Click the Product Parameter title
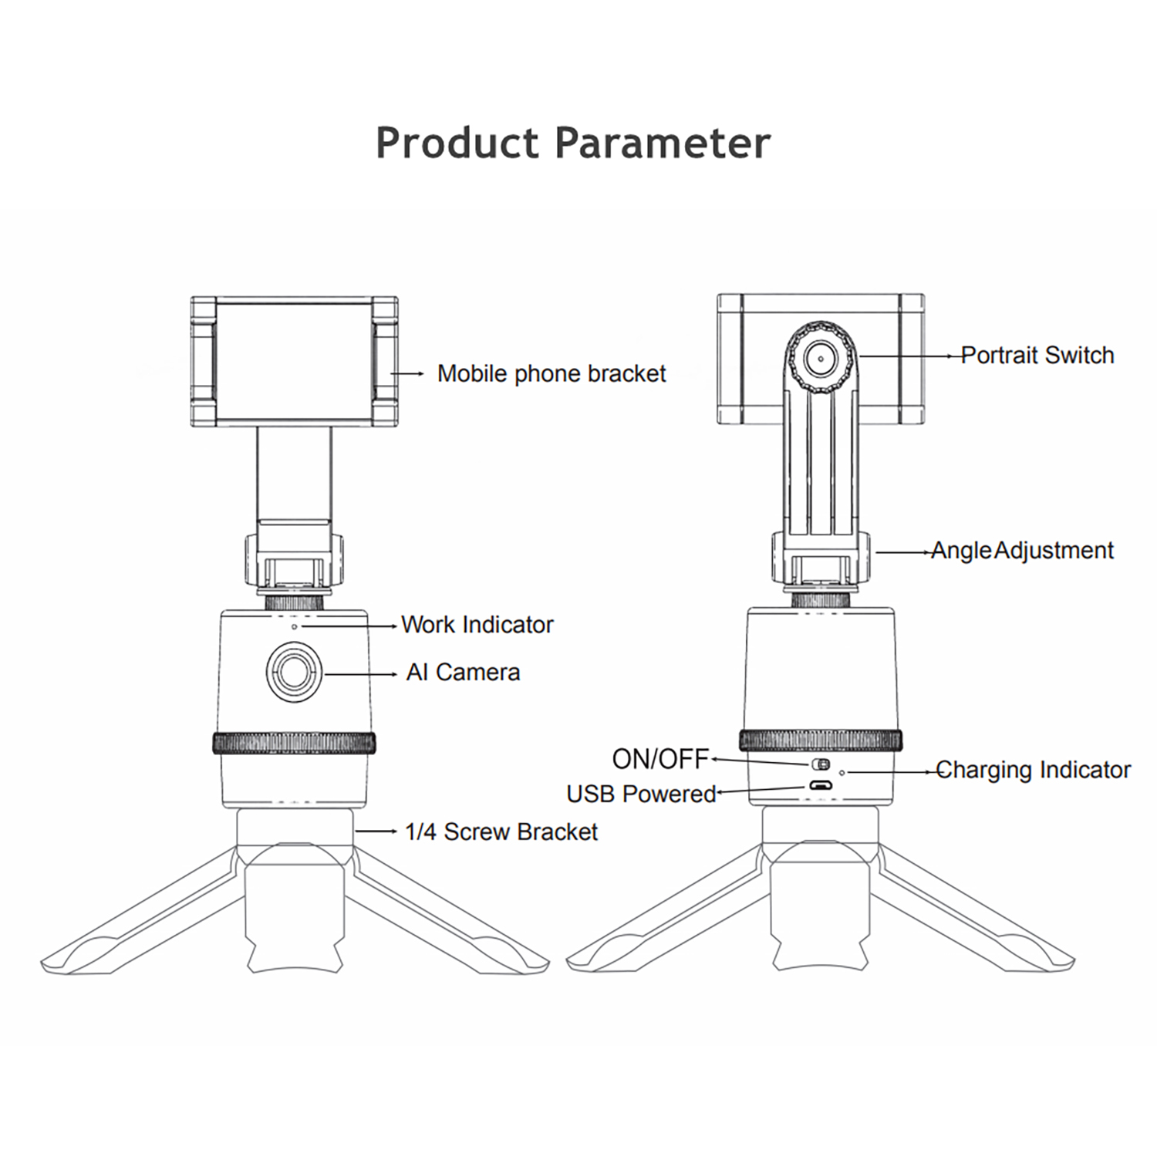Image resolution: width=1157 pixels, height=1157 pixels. (573, 143)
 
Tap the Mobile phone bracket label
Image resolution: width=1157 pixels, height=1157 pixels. (551, 374)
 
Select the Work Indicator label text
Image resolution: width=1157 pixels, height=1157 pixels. (477, 625)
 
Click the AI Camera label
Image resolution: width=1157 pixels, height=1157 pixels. (463, 673)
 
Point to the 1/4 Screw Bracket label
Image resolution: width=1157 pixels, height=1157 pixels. (501, 832)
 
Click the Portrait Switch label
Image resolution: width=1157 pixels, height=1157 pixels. (1037, 356)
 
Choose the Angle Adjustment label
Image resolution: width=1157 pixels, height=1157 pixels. (1022, 551)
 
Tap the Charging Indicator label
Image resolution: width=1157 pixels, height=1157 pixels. (1033, 770)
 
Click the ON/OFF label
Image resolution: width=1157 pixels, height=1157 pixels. (660, 760)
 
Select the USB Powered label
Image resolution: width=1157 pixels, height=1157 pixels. (641, 794)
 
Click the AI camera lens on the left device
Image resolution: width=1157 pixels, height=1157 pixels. (294, 671)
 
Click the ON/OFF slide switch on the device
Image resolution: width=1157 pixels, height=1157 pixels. (820, 764)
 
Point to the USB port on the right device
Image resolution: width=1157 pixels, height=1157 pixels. (819, 786)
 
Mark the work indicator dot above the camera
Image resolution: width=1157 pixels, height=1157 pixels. (294, 627)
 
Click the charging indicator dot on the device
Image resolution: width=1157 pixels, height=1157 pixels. (842, 771)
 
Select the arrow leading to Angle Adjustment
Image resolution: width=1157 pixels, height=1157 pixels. (903, 552)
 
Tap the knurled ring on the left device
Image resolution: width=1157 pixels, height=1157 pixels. (294, 744)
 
